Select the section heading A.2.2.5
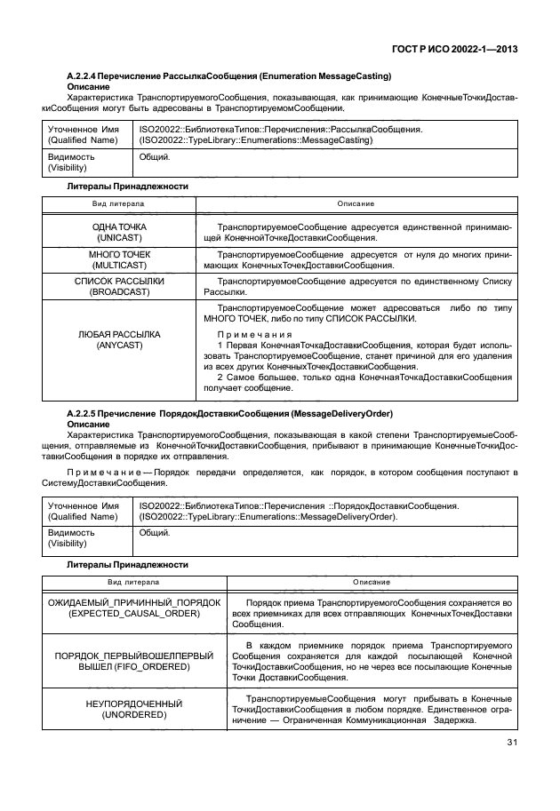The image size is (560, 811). click(230, 414)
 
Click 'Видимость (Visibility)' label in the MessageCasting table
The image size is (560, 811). click(71, 162)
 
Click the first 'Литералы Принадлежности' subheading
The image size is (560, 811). click(128, 187)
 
